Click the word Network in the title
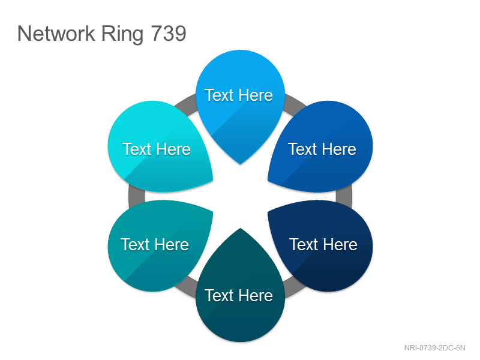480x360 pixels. [56, 34]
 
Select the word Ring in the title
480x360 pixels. [122, 35]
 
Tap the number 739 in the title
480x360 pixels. [169, 34]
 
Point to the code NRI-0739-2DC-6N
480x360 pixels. [434, 348]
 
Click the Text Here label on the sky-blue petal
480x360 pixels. [239, 95]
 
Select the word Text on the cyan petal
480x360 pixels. [137, 149]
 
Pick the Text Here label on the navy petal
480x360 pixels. [323, 244]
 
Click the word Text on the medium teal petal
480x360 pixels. [136, 244]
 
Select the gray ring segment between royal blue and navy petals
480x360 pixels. [344, 196]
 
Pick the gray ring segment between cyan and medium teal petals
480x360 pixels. [137, 196]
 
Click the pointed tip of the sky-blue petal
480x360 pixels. [241, 164]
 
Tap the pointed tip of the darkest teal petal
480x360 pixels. [241, 228]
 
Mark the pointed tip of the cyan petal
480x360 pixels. [213, 181]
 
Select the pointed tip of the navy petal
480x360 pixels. [268, 212]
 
